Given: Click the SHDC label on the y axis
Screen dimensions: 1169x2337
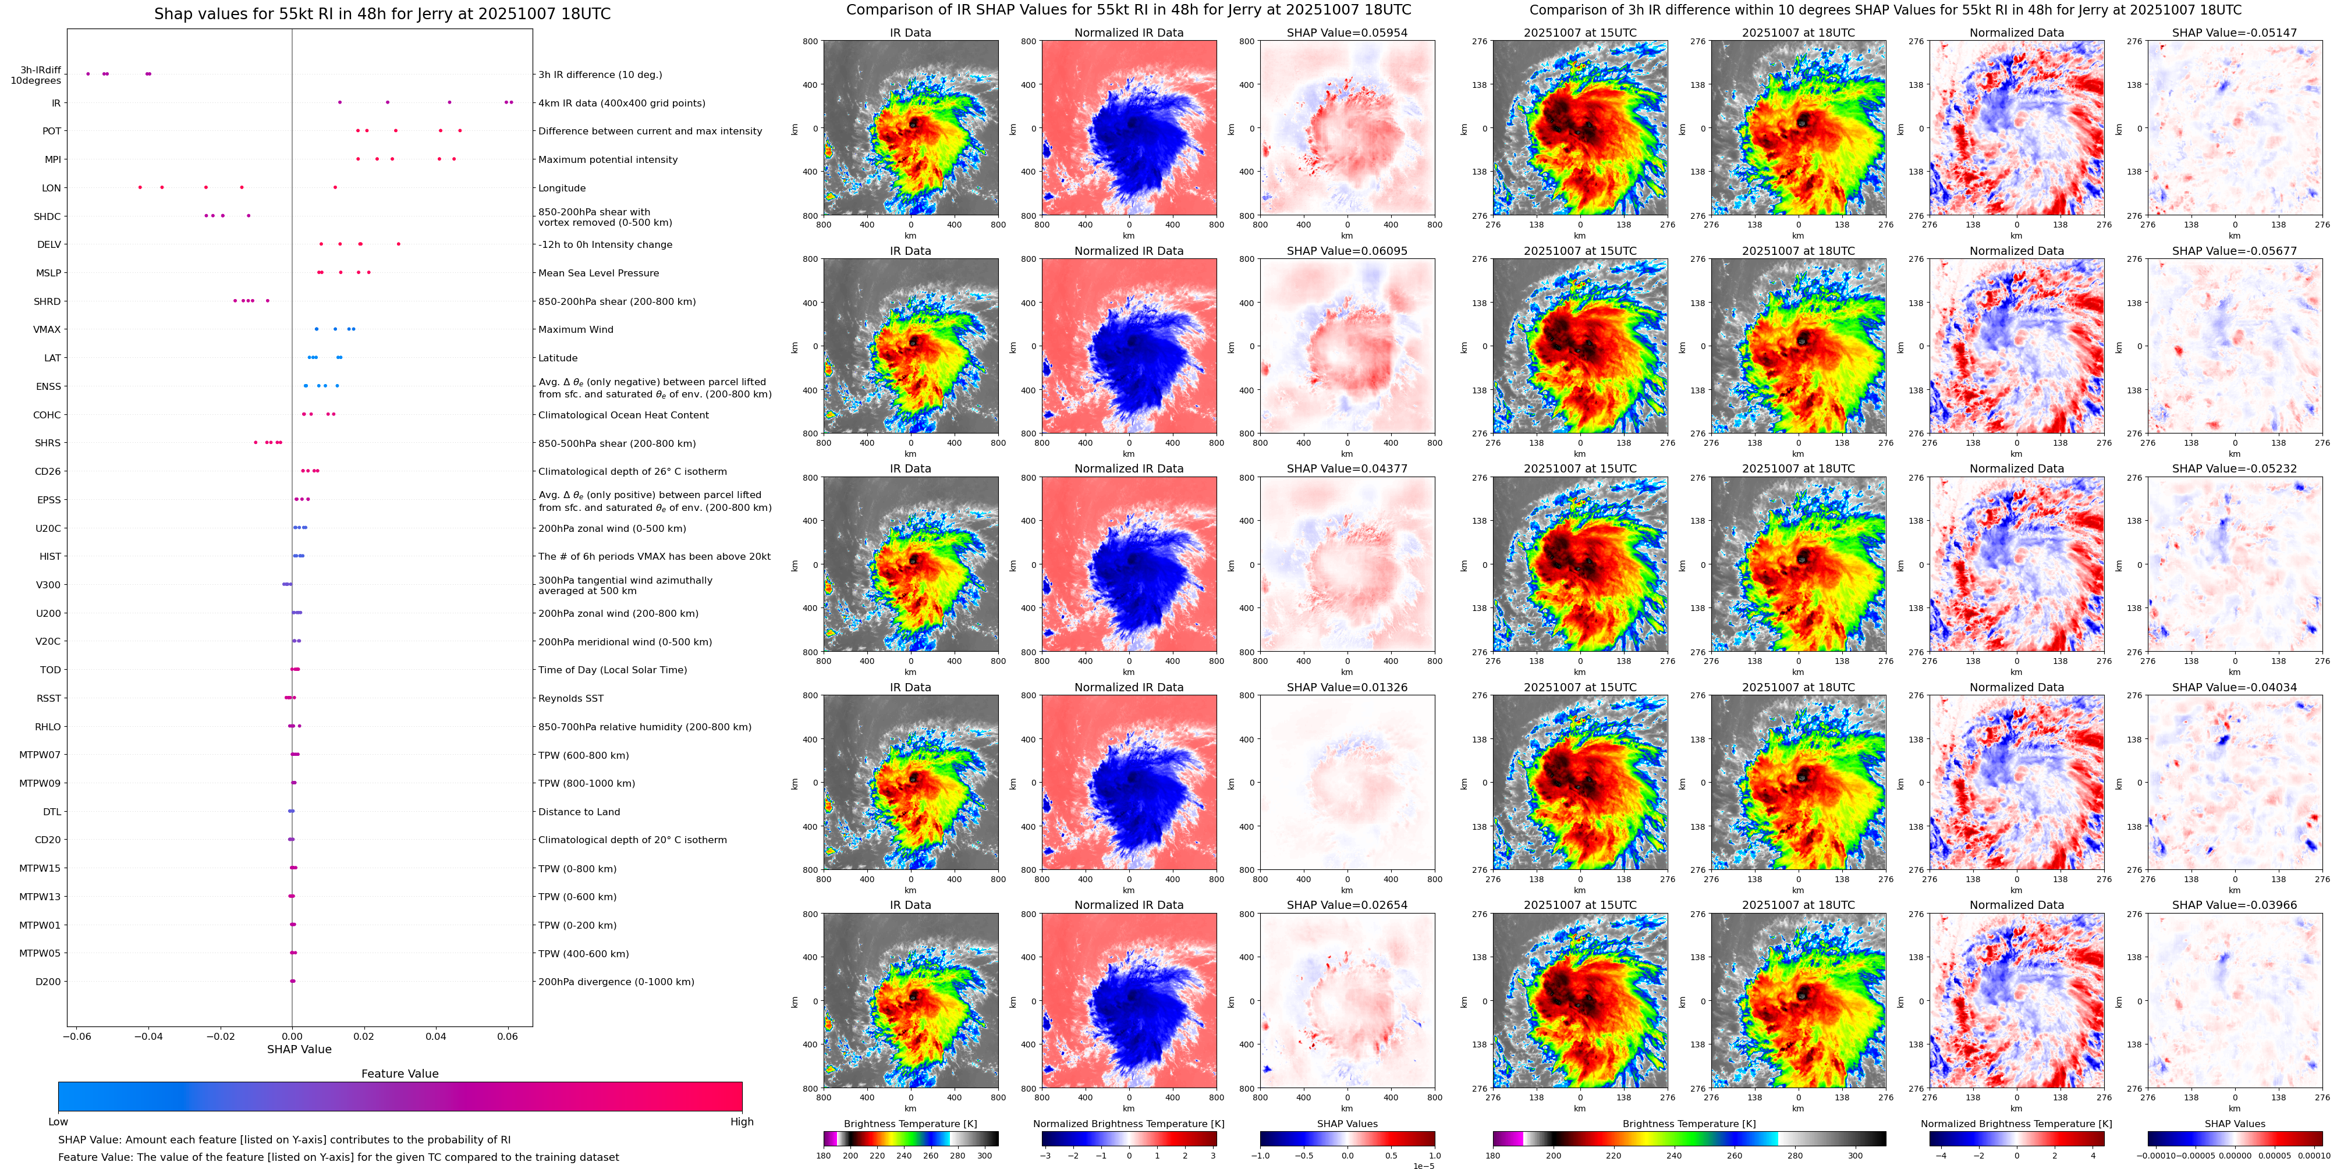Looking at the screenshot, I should (x=47, y=216).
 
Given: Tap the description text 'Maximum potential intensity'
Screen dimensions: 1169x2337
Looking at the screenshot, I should (x=607, y=159).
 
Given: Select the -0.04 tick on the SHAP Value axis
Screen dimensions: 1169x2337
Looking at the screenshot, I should (x=149, y=1036).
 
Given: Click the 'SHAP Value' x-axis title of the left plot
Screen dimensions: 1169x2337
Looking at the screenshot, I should (x=299, y=1049).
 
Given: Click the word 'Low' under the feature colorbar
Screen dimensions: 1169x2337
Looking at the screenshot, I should (x=58, y=1122).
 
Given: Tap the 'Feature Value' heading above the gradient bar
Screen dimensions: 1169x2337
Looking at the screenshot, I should (x=399, y=1074).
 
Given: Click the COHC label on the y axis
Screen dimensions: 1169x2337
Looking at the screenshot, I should (x=47, y=415).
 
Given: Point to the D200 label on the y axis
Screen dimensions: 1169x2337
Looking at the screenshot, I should (x=48, y=981).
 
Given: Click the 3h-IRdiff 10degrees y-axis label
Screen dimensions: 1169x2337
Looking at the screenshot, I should (x=36, y=75).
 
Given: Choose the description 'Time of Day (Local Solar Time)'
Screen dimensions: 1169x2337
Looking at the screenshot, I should (x=612, y=670).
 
